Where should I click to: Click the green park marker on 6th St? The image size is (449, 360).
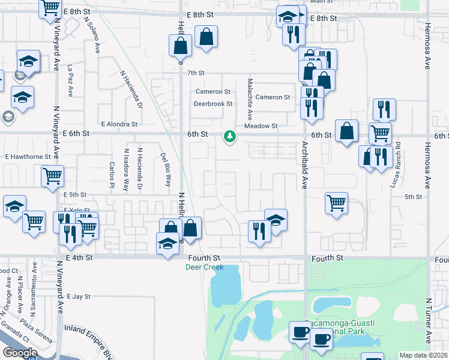point(229,137)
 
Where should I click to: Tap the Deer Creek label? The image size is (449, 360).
point(204,268)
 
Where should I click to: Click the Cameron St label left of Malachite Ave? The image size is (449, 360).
point(213,92)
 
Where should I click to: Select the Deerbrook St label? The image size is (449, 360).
point(212,104)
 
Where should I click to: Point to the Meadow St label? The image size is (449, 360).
point(261,126)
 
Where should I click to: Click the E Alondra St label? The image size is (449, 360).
point(119,124)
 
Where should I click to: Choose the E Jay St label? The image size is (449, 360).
point(78,296)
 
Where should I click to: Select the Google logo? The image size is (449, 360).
point(20,353)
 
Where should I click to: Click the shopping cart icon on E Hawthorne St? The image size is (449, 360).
point(53,176)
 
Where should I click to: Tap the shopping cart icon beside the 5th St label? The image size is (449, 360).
point(337,202)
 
